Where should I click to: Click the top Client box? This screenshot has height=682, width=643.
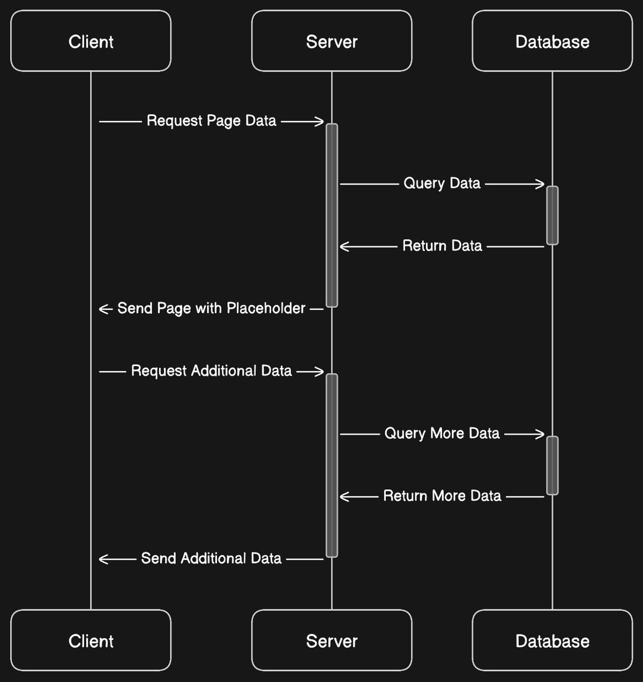point(91,41)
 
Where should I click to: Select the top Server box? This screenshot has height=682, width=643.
point(332,41)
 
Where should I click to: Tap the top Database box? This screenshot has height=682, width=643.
point(552,41)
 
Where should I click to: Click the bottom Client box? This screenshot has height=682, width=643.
point(91,640)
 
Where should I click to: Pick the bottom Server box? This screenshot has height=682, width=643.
point(332,640)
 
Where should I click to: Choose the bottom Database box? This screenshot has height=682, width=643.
point(552,640)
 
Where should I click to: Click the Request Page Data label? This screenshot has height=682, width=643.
point(211,121)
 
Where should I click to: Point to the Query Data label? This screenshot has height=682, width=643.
point(442,184)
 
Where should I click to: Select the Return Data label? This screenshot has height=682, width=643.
point(442,246)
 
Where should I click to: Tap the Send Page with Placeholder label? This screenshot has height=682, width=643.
point(211,308)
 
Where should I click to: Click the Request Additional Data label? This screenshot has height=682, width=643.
point(211,371)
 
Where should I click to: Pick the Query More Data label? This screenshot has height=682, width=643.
point(442,434)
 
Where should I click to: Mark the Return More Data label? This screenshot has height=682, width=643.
point(442,496)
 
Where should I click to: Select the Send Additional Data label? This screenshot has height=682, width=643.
point(211,558)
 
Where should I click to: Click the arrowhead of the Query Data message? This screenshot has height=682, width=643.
point(540,184)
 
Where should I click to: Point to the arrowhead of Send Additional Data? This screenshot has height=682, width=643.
point(103,559)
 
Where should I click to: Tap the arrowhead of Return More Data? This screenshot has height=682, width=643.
point(345,497)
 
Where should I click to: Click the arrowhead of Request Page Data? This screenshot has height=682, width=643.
point(319,122)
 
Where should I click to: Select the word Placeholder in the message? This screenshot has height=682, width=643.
point(266,308)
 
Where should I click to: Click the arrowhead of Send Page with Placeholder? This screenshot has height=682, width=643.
point(103,309)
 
